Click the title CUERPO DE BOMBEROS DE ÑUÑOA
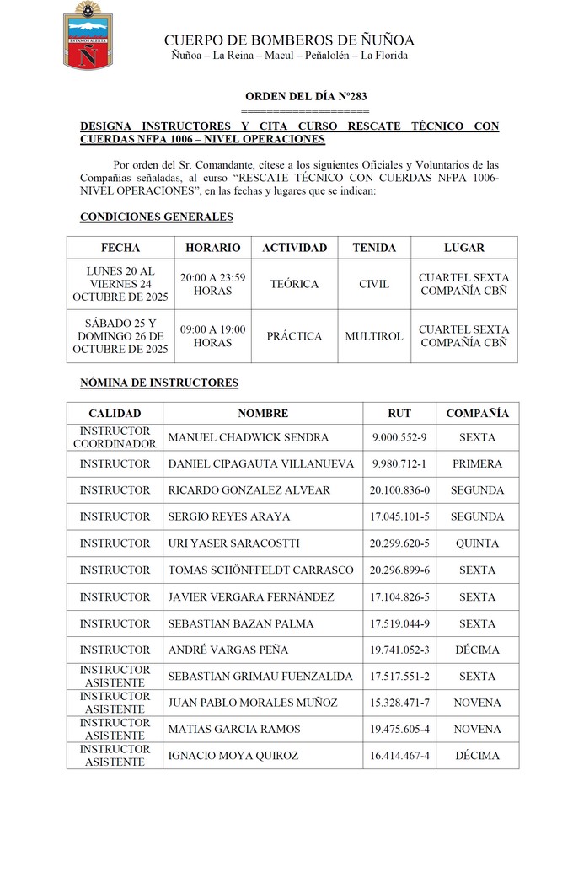coord(289,40)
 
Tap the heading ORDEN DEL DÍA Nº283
coord(306,97)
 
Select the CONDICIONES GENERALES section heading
coord(156,217)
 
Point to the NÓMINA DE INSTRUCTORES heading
coord(159,383)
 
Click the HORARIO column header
coord(212,248)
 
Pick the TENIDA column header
coord(374,248)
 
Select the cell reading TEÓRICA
coord(294,284)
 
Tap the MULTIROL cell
coord(374,336)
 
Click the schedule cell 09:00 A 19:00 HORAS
coord(212,336)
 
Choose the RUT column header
coord(399,414)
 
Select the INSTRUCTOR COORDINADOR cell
coord(115,437)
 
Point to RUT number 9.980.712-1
coord(399,464)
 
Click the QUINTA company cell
coord(477,543)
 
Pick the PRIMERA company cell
coord(477,464)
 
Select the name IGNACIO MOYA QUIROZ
coord(233,756)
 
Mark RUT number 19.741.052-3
coord(399,650)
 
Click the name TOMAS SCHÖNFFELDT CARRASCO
coord(261,570)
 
